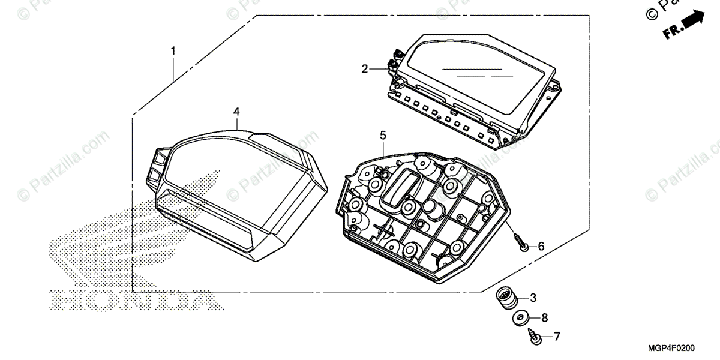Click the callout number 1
(173, 52)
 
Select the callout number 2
(364, 70)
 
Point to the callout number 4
(236, 112)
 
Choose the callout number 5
(383, 136)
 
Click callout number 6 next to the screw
(541, 246)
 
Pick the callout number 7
(556, 337)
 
